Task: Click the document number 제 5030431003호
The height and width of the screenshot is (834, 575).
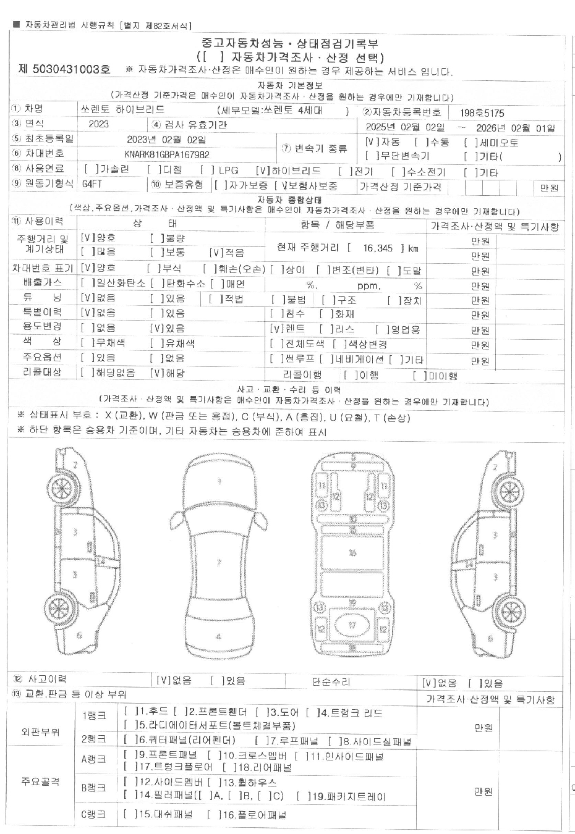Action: click(65, 69)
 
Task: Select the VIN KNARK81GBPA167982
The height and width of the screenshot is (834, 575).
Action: click(166, 155)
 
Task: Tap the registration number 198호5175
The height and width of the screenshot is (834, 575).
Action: click(482, 113)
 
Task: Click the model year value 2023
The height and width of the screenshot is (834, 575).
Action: click(98, 124)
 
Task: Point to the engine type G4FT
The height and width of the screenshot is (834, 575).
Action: click(93, 184)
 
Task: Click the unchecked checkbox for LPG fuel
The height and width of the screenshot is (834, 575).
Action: click(207, 171)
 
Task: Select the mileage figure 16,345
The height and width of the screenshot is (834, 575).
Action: click(378, 248)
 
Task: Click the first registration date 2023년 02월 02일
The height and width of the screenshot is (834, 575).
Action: click(166, 140)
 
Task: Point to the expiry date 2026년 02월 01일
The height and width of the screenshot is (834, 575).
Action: click(516, 128)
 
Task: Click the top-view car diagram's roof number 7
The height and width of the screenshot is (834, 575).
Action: click(218, 563)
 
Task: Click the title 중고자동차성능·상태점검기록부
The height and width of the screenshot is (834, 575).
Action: click(290, 43)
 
